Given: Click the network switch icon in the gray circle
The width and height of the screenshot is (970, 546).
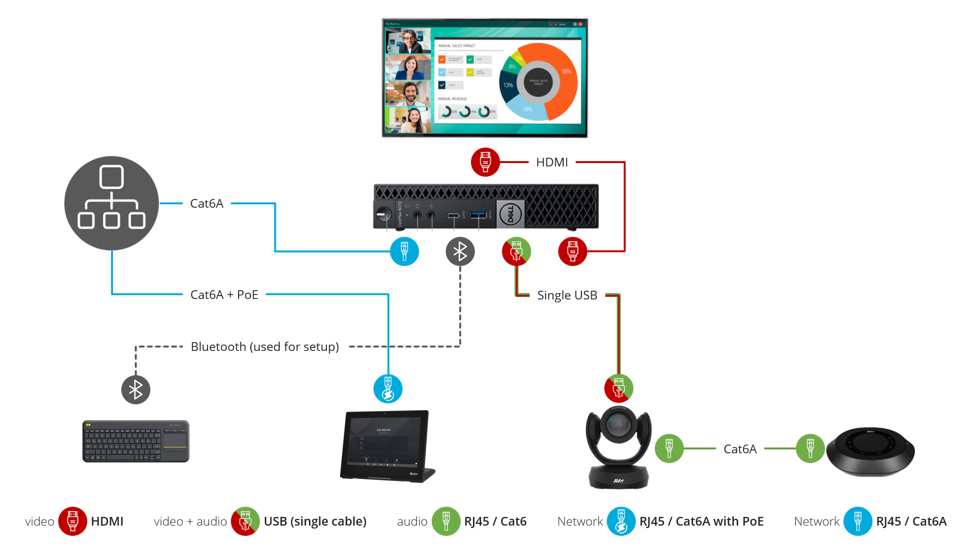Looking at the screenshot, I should tap(112, 203).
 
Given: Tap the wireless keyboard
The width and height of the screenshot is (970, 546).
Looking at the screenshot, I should tap(136, 441).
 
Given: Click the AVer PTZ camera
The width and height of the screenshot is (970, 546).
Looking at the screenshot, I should tap(618, 447).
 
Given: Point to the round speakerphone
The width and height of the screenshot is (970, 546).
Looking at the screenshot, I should tap(870, 452).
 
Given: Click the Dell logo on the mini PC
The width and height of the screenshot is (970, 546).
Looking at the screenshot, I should tap(510, 214).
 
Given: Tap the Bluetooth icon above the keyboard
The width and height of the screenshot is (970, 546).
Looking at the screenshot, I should tap(136, 390).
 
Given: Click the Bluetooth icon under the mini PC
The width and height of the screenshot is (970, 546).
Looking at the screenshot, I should tap(460, 251).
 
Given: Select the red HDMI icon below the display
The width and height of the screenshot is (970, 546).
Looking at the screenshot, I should tap(485, 162).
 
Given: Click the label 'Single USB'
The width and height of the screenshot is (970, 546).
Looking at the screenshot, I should tap(567, 295).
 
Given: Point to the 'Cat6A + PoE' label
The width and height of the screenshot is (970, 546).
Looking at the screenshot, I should tap(224, 295).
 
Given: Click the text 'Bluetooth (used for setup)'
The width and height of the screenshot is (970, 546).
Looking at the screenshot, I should tap(265, 347).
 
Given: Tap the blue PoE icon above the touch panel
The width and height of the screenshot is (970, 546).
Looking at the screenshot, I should tap(388, 389).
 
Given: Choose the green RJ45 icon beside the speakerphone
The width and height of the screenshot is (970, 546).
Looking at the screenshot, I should tap(810, 448).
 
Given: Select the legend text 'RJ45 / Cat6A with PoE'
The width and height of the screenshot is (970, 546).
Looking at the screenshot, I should tap(701, 521).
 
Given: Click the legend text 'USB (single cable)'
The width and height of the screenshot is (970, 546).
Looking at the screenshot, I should tap(315, 521).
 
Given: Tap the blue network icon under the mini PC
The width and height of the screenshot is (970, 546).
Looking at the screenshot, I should tap(404, 251).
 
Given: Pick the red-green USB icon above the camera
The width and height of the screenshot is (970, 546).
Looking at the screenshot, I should tap(618, 388).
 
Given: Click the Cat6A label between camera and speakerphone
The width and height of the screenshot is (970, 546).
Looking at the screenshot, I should tap(740, 449).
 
